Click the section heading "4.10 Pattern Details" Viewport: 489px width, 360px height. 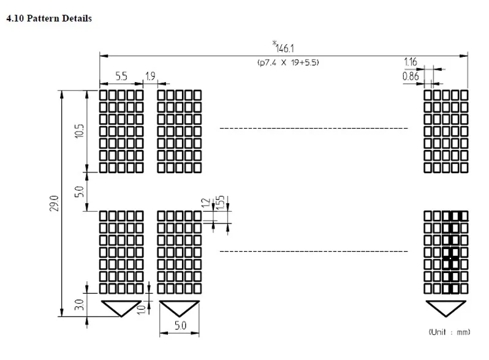click(49, 18)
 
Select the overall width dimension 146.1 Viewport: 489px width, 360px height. click(285, 48)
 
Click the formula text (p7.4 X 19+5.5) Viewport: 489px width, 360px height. click(288, 62)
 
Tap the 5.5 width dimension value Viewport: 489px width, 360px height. click(121, 76)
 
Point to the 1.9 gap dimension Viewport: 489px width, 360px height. click(150, 76)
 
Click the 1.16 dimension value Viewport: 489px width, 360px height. click(411, 62)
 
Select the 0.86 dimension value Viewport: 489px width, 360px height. click(411, 76)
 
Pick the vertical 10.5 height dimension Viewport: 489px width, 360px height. click(80, 131)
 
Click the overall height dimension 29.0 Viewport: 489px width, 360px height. click(55, 203)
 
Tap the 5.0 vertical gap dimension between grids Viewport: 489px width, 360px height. click(80, 192)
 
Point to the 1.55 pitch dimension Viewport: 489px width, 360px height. click(220, 203)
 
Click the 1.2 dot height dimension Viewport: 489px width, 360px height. click(206, 203)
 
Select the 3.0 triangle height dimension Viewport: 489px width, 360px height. click(80, 304)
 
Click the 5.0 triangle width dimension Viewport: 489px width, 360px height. click(180, 326)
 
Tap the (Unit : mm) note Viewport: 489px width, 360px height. click(449, 332)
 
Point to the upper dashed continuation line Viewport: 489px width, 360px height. click(314, 128)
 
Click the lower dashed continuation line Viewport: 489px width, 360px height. click(314, 251)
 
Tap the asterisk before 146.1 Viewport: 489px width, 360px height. click(275, 43)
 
